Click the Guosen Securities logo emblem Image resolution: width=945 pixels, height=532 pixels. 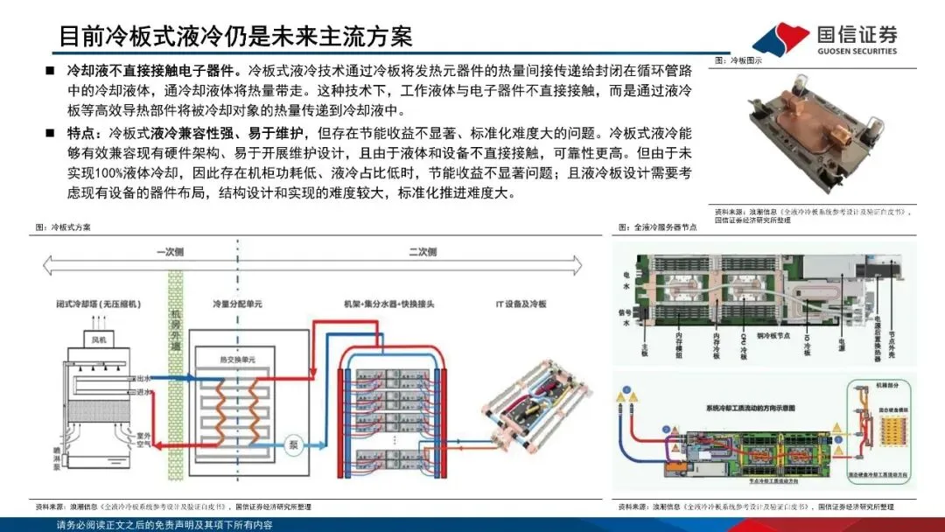point(780,38)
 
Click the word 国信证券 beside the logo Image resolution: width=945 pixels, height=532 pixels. point(857,35)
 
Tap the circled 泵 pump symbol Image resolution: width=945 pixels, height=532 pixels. point(294,444)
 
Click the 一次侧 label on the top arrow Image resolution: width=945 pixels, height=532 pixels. point(170,252)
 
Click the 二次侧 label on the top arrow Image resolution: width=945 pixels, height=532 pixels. point(422,252)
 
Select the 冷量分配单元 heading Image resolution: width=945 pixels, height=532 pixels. point(236,304)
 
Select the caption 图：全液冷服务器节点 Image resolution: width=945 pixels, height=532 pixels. point(658,227)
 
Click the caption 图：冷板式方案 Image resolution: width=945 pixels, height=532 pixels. point(63,227)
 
